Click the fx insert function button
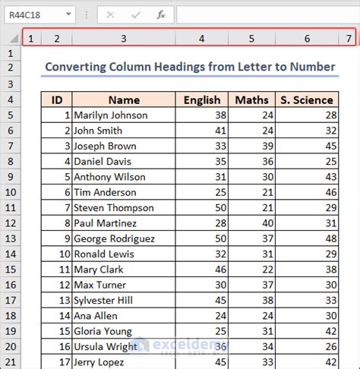click(x=160, y=14)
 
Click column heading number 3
click(x=123, y=38)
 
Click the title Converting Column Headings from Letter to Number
click(x=190, y=67)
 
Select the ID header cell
click(x=56, y=99)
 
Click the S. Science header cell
click(x=306, y=99)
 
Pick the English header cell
click(x=202, y=99)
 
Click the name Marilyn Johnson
click(x=106, y=115)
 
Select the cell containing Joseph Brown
click(x=103, y=146)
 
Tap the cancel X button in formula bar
click(x=110, y=14)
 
